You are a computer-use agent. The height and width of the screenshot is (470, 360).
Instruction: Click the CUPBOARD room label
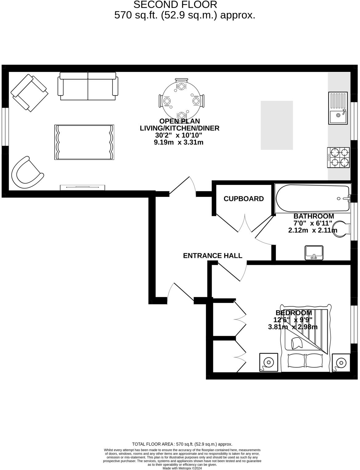pyautogui.click(x=243, y=199)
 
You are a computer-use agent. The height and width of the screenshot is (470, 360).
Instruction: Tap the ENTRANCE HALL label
pyautogui.click(x=212, y=256)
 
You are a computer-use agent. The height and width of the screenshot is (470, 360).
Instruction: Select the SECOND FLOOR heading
pyautogui.click(x=175, y=5)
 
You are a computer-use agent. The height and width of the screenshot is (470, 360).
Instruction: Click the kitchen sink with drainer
pyautogui.click(x=338, y=108)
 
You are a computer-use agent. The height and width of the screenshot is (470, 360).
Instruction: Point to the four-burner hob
pyautogui.click(x=338, y=157)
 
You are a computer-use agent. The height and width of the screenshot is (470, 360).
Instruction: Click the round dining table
pyautogui.click(x=181, y=101)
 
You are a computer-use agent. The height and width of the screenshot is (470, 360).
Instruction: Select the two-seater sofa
pyautogui.click(x=88, y=86)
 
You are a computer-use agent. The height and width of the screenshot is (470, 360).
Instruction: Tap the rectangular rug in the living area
pyautogui.click(x=84, y=142)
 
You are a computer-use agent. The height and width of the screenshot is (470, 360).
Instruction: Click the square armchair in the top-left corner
pyautogui.click(x=29, y=93)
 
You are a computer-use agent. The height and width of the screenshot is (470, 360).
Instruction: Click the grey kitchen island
pyautogui.click(x=276, y=125)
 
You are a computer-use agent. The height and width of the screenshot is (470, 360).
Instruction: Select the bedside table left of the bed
pyautogui.click(x=268, y=362)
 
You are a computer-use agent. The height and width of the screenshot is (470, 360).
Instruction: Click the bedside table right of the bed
pyautogui.click(x=341, y=362)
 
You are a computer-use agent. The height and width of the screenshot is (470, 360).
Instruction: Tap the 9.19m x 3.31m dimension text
pyautogui.click(x=178, y=142)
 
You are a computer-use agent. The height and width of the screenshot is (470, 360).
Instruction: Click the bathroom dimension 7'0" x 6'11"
pyautogui.click(x=313, y=223)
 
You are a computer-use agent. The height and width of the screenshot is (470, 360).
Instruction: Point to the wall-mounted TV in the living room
pyautogui.click(x=82, y=187)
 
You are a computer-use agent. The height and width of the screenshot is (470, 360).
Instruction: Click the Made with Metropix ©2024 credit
pyautogui.click(x=182, y=468)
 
